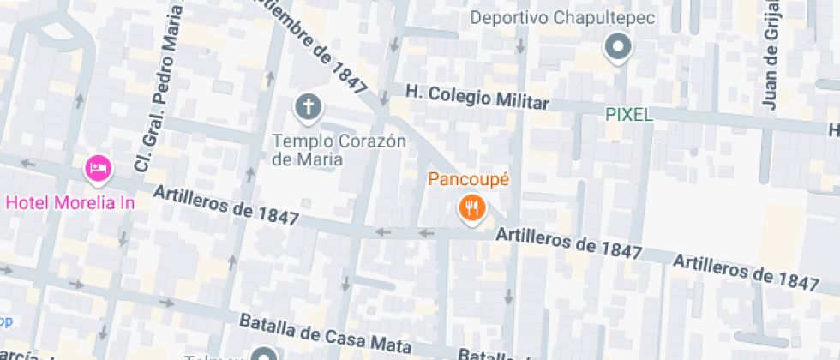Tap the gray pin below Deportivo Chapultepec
(617, 46)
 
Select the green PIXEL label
(629, 114)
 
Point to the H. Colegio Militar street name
(477, 96)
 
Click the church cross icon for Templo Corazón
(308, 107)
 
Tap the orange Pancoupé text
(469, 180)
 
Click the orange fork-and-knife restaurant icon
(471, 207)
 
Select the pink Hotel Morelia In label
(69, 203)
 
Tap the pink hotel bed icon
(99, 167)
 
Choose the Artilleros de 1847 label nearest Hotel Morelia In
(225, 207)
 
